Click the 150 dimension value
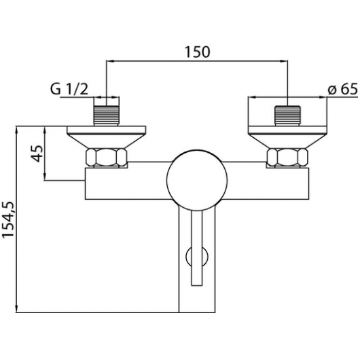click(197, 52)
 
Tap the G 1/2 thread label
click(69, 89)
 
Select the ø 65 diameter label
click(343, 88)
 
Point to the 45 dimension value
click(37, 154)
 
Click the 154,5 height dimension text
click(9, 219)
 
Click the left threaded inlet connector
click(107, 115)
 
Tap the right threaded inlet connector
click(288, 115)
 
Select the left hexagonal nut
click(106, 158)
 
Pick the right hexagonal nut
click(287, 158)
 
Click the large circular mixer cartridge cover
click(197, 180)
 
